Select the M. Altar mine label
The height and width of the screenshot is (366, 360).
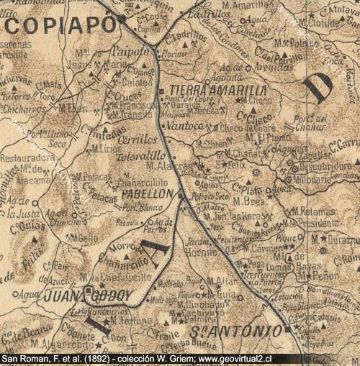221,280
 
